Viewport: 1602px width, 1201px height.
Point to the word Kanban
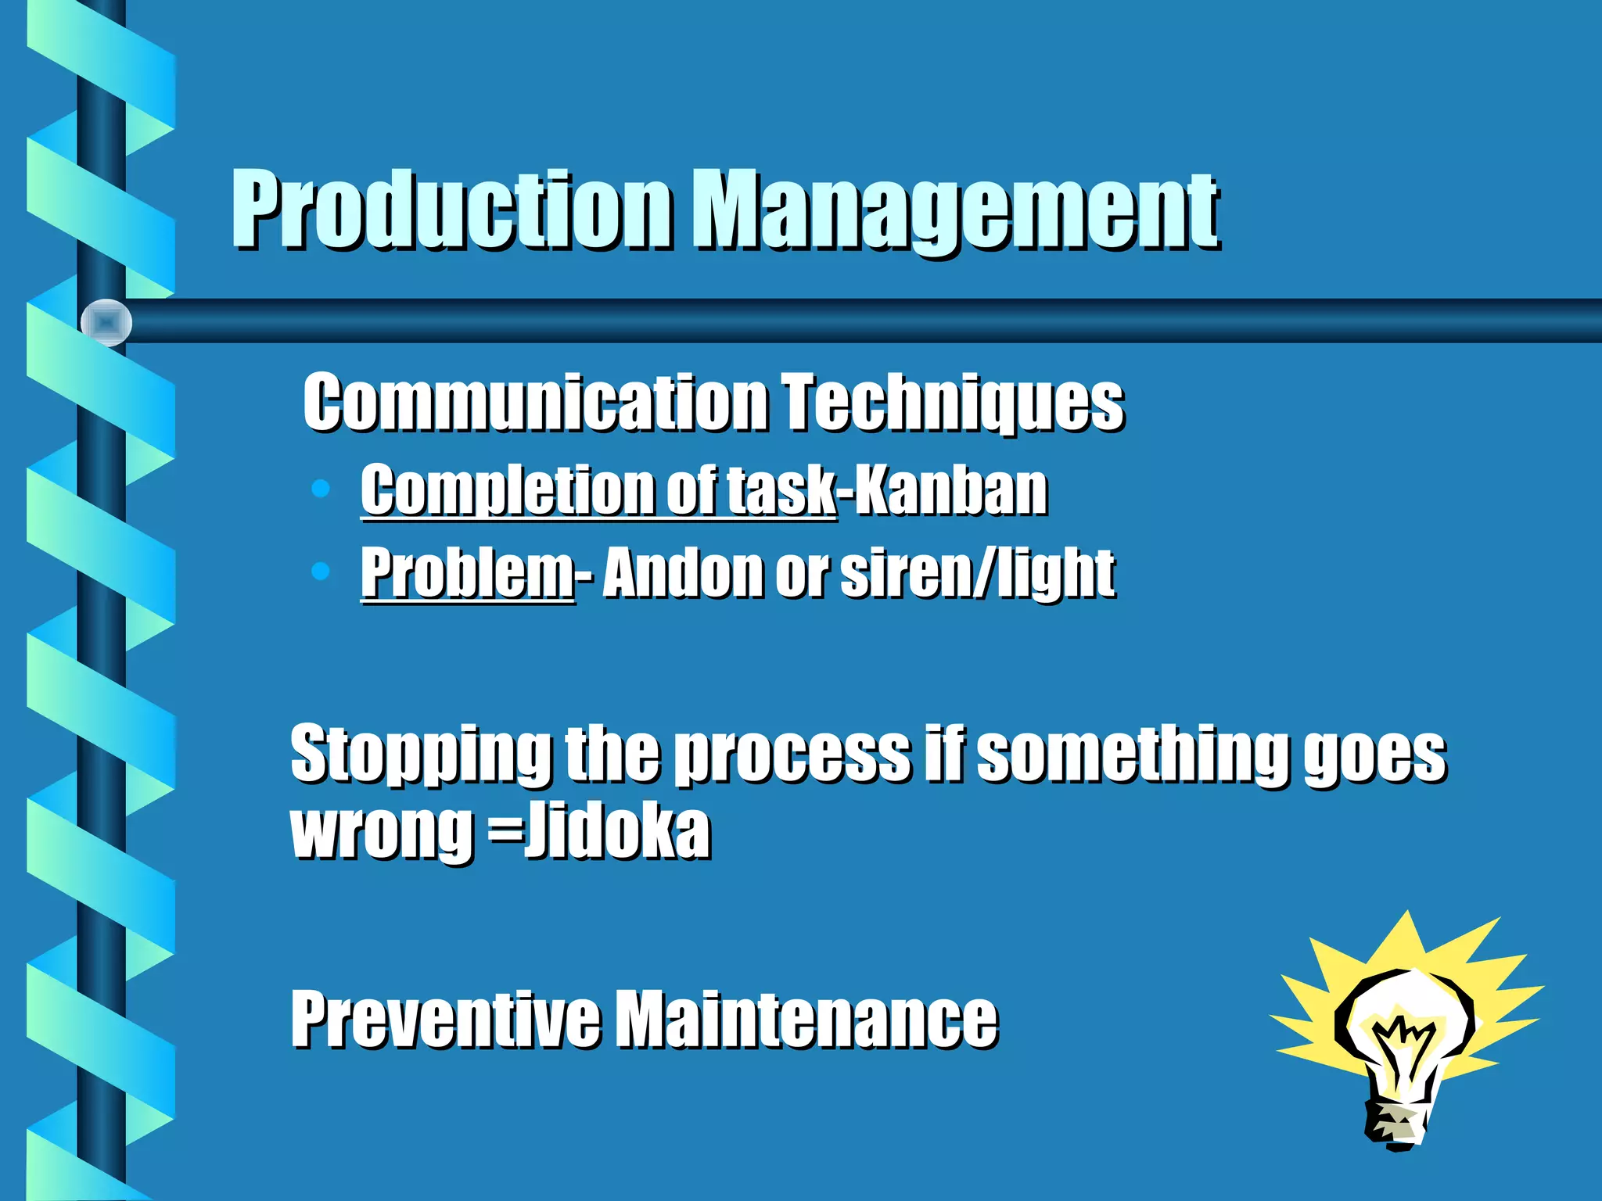pyautogui.click(x=950, y=490)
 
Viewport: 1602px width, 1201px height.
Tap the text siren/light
pyautogui.click(x=978, y=573)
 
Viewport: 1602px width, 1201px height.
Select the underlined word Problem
pyautogui.click(x=467, y=573)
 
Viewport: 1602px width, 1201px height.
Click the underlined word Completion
pyautogui.click(x=505, y=490)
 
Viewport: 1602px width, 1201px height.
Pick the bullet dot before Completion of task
pyautogui.click(x=320, y=489)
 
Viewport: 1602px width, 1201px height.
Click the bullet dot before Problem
pyautogui.click(x=320, y=571)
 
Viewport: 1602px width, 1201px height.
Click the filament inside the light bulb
pyautogui.click(x=1404, y=1044)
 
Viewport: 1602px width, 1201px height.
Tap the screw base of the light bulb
pyautogui.click(x=1397, y=1123)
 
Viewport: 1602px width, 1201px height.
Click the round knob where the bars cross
pyautogui.click(x=106, y=322)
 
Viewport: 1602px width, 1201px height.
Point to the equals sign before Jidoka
pyautogui.click(x=505, y=830)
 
